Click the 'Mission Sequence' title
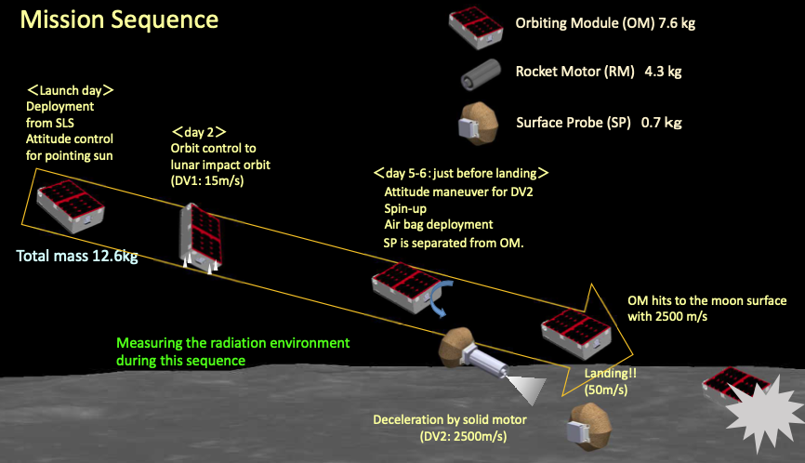point(120,19)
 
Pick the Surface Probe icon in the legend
point(480,123)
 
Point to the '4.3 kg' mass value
point(664,71)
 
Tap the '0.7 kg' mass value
point(661,122)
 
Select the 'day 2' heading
point(199,132)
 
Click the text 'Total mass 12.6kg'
point(77,256)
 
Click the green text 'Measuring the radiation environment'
point(233,343)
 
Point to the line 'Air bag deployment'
point(438,224)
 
